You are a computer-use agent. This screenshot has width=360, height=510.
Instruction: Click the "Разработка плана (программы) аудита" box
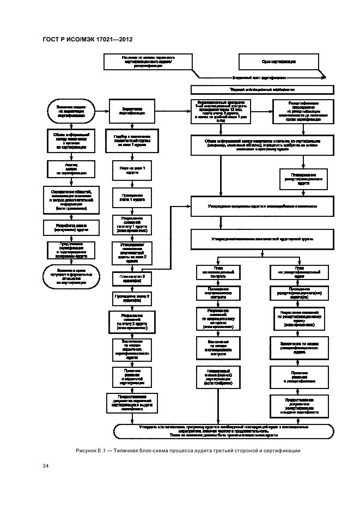tap(69, 227)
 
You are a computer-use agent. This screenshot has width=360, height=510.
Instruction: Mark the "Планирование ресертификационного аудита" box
tap(303, 179)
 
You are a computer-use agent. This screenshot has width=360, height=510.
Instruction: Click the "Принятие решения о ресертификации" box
tap(300, 378)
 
